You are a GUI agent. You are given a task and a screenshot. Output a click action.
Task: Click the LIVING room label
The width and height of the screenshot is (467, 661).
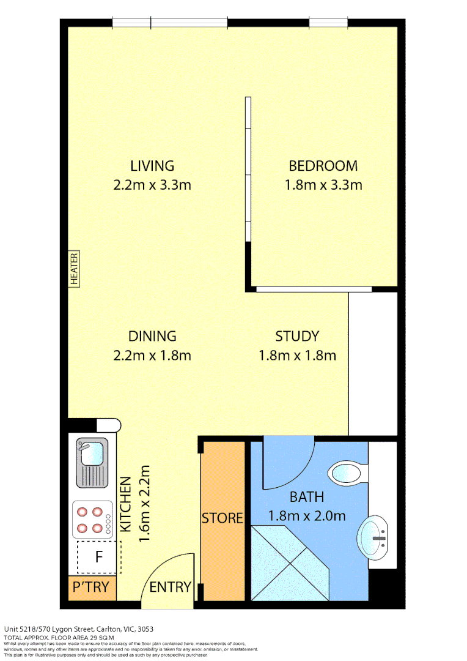(152, 165)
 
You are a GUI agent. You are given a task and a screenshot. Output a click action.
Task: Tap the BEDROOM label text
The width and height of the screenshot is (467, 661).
(323, 165)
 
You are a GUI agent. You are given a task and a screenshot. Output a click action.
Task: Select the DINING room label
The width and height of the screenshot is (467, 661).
(152, 336)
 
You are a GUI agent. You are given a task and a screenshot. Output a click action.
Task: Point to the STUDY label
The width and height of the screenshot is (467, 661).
(297, 336)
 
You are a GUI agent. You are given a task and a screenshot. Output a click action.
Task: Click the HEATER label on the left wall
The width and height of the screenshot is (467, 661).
(74, 269)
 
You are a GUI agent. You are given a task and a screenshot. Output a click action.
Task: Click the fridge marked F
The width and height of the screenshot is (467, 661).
(98, 558)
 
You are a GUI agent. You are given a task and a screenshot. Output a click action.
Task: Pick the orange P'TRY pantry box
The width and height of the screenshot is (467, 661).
(92, 588)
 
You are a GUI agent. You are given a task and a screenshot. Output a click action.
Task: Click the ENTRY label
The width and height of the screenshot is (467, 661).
(170, 587)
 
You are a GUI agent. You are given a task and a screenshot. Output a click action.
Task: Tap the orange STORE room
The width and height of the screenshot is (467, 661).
(222, 519)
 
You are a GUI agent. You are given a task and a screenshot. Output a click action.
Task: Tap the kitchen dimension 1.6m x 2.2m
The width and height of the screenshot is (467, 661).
(144, 504)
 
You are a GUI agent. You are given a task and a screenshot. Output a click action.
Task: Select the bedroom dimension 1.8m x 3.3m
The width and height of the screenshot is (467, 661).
(323, 184)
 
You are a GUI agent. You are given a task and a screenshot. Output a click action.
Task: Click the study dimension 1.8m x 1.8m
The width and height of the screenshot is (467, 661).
(297, 355)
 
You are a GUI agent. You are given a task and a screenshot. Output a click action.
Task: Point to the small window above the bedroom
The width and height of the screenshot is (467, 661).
(328, 23)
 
